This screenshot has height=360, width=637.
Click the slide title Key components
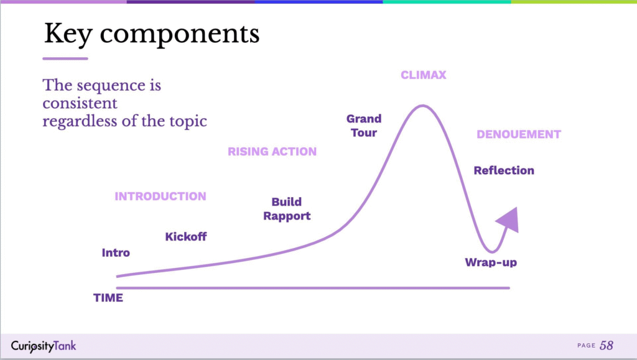[x=152, y=34]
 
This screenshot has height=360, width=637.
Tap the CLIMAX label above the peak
[x=423, y=75]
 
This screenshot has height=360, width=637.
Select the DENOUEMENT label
[x=518, y=134]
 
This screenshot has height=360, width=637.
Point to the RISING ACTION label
[x=272, y=151]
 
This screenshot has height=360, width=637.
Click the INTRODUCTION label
[x=160, y=196]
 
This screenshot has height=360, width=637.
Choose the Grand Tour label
[x=364, y=126]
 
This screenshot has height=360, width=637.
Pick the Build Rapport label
[x=287, y=209]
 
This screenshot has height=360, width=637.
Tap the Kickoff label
[x=185, y=237]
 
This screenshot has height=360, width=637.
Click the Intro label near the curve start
[x=116, y=253]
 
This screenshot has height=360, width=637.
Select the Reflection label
[x=504, y=170]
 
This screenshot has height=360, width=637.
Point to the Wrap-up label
[x=491, y=262]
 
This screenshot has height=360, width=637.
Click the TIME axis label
[x=108, y=298]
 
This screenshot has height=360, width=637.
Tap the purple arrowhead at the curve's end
[x=509, y=220]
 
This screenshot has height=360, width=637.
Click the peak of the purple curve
[x=422, y=106]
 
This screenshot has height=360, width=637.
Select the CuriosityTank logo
[x=44, y=346]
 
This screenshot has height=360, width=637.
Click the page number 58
[x=607, y=346]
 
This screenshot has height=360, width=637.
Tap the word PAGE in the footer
[x=586, y=346]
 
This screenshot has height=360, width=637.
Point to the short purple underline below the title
[x=65, y=59]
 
